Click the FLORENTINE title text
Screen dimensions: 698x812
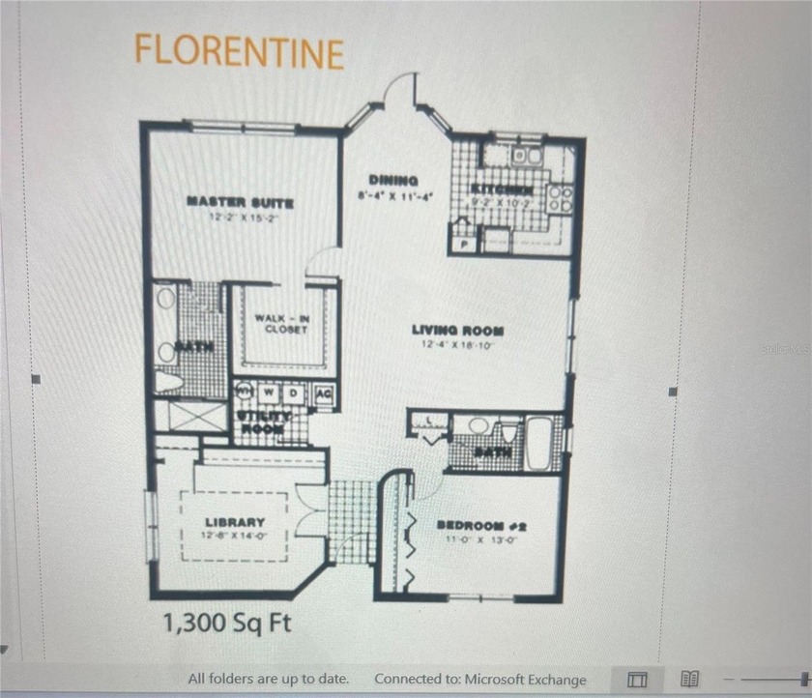coord(239,50)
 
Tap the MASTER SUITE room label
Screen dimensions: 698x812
coord(239,201)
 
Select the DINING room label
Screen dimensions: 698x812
coord(393,181)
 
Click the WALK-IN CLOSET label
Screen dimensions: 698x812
coord(281,323)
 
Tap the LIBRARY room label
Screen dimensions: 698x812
coord(235,522)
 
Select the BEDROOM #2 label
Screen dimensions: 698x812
coord(480,526)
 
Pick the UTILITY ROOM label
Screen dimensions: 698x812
coord(261,421)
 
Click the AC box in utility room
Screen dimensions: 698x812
coord(324,393)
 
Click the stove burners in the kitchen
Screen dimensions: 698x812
coord(561,198)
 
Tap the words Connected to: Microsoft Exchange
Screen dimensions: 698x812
coord(479,679)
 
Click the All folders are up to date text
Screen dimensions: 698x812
coord(268,679)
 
